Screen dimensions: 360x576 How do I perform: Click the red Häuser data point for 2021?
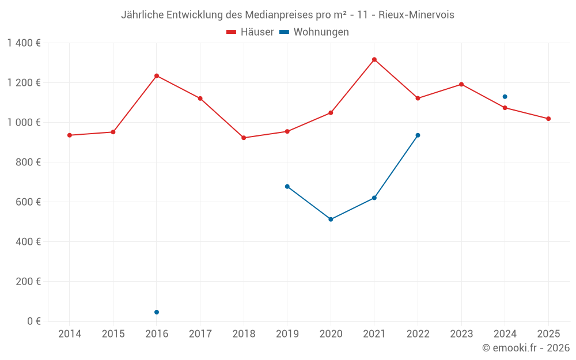(374, 59)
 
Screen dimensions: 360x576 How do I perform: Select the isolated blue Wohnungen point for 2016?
(157, 312)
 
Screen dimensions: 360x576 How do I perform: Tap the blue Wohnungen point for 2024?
(505, 97)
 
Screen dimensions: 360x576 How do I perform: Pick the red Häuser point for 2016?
(157, 75)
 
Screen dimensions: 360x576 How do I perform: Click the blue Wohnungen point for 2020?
(331, 219)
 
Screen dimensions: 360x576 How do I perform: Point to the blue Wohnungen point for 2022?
(418, 135)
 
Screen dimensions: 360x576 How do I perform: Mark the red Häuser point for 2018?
(244, 138)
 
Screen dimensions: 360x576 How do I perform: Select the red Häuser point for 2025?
(548, 119)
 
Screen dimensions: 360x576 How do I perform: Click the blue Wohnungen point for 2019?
(287, 187)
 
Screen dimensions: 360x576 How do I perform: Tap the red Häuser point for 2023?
(461, 84)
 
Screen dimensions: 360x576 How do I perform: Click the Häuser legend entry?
(250, 32)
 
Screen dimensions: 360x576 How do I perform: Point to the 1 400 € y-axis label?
(24, 43)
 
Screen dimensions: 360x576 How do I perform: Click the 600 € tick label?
(28, 202)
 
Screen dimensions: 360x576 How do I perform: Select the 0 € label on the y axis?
(33, 321)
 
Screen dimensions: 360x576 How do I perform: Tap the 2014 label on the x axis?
(70, 334)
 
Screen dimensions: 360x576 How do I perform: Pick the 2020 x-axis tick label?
(331, 334)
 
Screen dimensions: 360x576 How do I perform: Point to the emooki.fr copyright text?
(526, 348)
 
